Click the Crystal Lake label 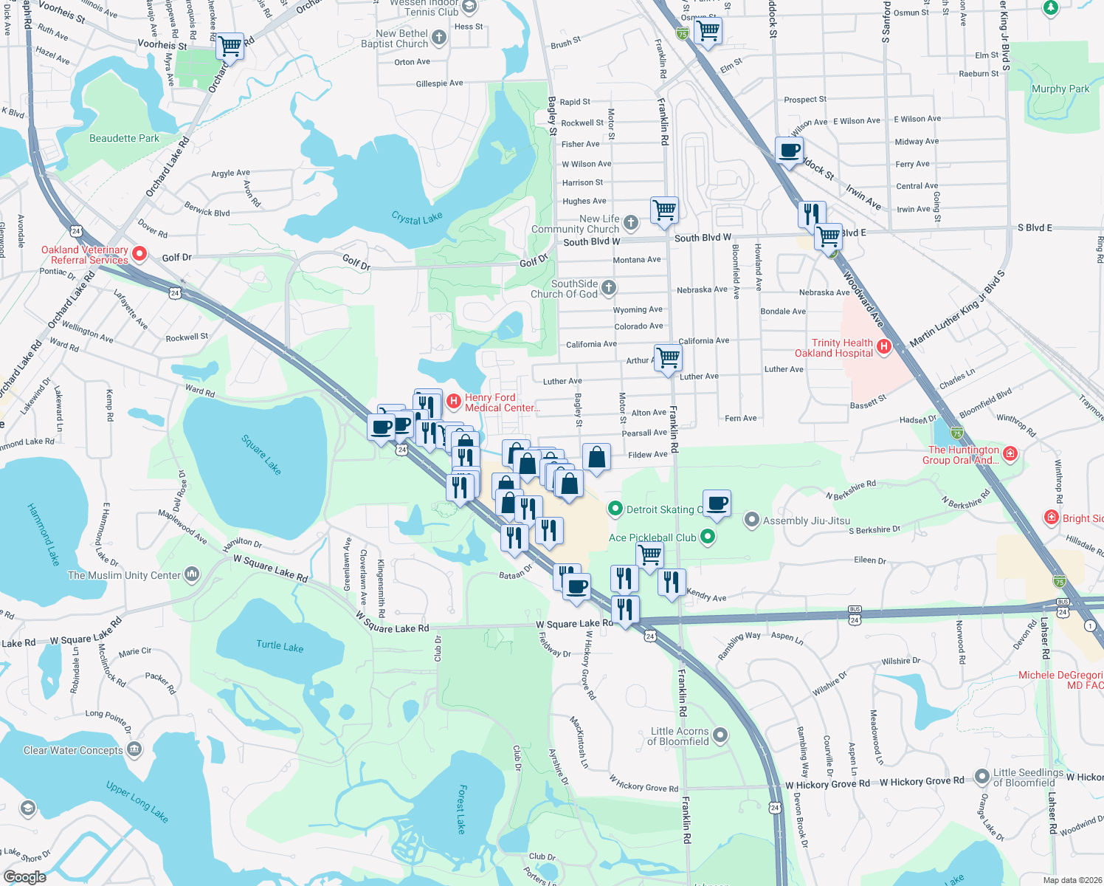417,218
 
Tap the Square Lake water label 262,454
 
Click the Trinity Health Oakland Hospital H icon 884,347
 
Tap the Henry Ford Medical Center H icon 454,402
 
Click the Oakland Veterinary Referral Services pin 139,255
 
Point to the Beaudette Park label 124,138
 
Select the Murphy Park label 1060,89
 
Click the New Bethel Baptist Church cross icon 439,38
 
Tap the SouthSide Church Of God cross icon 609,288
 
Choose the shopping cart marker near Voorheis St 230,46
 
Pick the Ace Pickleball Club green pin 708,537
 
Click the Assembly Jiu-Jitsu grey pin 751,521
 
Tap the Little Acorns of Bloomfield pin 720,735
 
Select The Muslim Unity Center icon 192,574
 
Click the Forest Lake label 460,808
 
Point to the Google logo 25,877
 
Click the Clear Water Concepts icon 134,750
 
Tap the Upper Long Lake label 137,802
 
